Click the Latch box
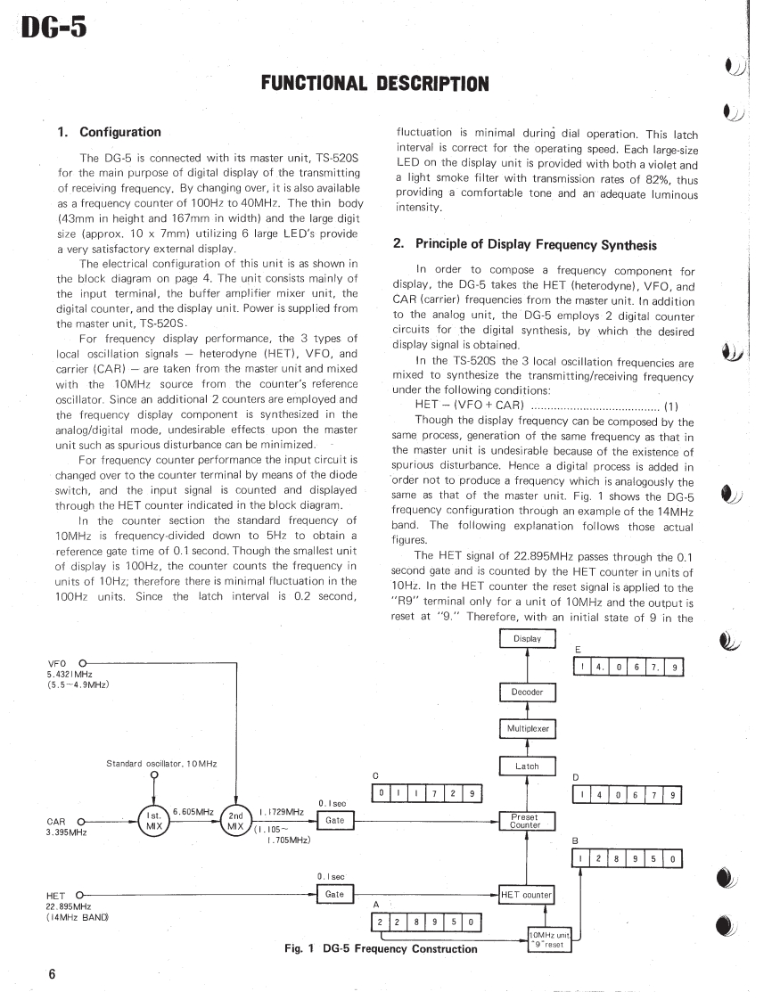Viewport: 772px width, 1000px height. (x=527, y=766)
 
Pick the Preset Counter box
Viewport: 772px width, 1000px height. (x=526, y=821)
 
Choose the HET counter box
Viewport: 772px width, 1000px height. (x=527, y=894)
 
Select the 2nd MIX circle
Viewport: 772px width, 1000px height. (x=236, y=822)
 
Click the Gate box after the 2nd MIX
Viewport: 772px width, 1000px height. (x=335, y=820)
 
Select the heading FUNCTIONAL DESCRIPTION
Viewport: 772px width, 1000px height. (x=374, y=84)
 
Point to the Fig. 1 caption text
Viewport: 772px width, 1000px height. (x=381, y=948)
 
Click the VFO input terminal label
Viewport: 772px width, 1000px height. (x=58, y=663)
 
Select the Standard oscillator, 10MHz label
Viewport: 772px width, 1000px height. (x=161, y=764)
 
